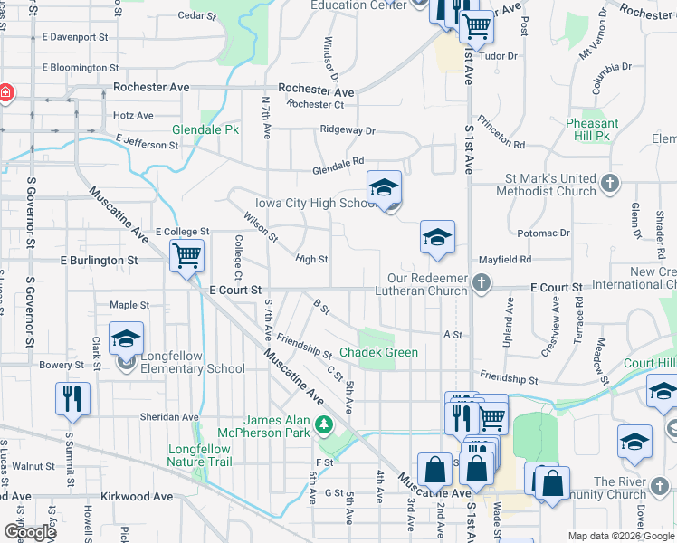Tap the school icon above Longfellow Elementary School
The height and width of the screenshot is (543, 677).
[126, 339]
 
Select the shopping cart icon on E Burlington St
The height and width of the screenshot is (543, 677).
[186, 256]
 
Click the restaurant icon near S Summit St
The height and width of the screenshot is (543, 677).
[72, 398]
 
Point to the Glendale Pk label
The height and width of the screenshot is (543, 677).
[205, 129]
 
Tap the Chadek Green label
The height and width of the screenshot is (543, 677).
[378, 352]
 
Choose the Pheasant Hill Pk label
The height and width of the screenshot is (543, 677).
[592, 129]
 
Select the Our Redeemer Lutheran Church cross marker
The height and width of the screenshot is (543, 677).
[482, 283]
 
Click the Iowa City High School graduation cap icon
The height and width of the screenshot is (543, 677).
[384, 188]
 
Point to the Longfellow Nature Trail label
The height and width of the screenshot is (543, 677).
[199, 455]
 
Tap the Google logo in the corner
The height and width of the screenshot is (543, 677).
[29, 532]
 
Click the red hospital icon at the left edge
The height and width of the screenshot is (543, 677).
[5, 93]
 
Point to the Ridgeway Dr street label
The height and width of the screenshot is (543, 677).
[347, 130]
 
